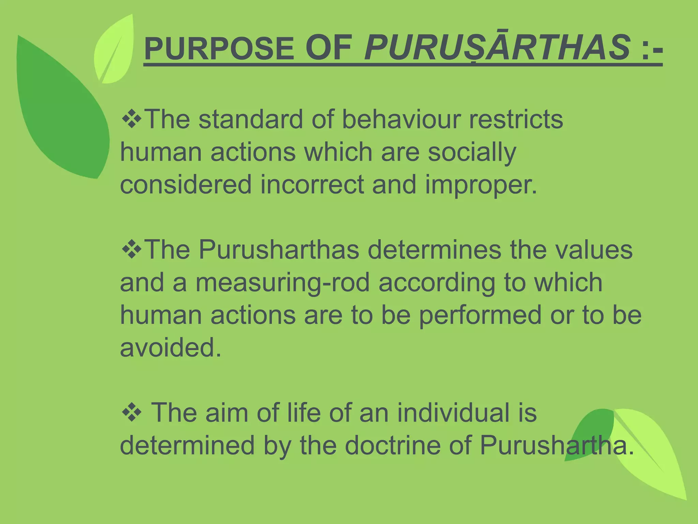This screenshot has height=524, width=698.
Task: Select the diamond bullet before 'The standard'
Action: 132,119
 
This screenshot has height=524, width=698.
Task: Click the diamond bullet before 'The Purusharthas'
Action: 132,249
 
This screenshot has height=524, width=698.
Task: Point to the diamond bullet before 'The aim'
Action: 132,412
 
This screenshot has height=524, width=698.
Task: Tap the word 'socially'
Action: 472,152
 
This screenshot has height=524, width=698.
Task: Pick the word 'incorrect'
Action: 312,185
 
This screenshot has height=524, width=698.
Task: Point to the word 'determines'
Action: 434,249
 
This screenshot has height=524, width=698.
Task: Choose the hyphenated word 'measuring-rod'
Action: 283,282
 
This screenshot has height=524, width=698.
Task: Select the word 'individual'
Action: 453,412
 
